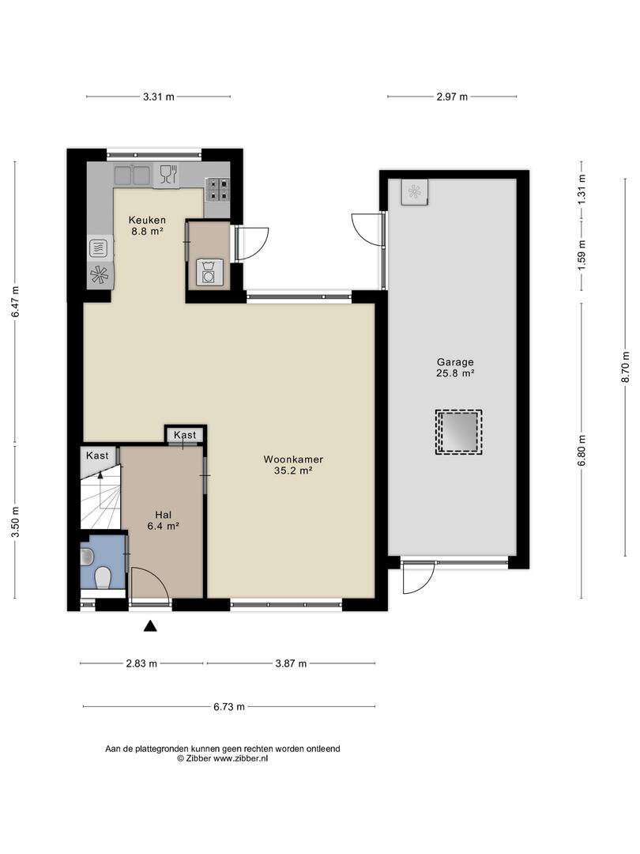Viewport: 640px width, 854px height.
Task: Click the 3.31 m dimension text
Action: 158,97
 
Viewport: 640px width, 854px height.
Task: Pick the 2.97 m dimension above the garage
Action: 452,97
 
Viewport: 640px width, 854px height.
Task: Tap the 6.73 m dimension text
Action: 228,707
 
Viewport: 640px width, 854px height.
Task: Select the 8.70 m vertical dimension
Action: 625,367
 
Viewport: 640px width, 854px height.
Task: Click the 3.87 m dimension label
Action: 291,663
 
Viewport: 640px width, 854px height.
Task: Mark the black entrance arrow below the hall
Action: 150,626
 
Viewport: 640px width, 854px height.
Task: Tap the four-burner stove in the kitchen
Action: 218,190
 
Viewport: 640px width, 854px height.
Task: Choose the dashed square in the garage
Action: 458,433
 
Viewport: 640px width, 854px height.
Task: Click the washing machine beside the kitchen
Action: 209,272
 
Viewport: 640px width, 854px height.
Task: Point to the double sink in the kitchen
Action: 132,176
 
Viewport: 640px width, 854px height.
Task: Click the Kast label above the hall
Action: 185,435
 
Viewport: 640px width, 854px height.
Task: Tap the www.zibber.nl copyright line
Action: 222,758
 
